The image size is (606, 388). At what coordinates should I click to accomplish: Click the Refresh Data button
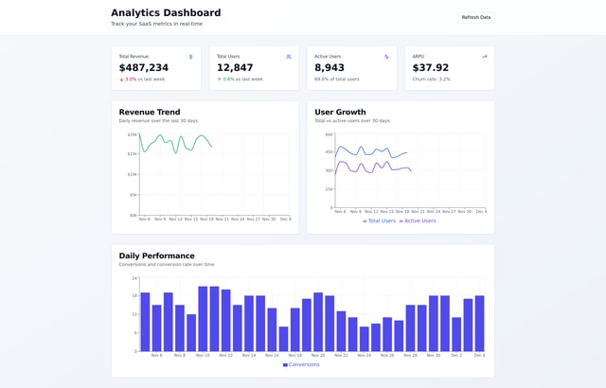(x=476, y=17)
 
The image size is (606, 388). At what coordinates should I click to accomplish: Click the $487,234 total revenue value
(x=144, y=68)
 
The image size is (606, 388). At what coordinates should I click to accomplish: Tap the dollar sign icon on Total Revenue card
(x=190, y=57)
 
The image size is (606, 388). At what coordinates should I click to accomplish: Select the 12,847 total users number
(x=235, y=68)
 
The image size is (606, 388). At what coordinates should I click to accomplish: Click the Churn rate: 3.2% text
(x=432, y=79)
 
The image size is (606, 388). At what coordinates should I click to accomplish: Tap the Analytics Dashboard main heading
(x=166, y=13)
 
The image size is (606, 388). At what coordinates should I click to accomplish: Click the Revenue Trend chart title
(x=150, y=112)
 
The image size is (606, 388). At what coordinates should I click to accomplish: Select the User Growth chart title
(x=340, y=112)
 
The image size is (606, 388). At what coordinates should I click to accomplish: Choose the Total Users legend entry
(x=380, y=220)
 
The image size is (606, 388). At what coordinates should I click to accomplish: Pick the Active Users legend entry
(x=418, y=220)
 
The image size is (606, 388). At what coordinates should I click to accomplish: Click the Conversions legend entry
(x=301, y=364)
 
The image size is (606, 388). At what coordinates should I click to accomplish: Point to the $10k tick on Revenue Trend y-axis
(x=133, y=174)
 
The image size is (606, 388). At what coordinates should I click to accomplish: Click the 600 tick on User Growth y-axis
(x=329, y=134)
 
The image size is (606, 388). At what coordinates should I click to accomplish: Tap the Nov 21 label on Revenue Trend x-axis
(x=223, y=219)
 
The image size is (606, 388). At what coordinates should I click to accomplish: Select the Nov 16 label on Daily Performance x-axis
(x=272, y=355)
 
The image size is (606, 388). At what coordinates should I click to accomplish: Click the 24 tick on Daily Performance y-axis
(x=134, y=278)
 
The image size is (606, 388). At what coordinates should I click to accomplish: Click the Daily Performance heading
(x=156, y=256)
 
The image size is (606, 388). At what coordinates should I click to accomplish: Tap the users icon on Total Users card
(x=289, y=57)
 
